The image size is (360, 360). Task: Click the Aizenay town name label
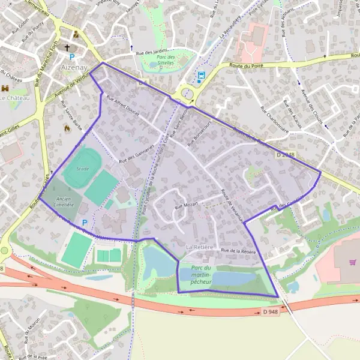(x=74, y=67)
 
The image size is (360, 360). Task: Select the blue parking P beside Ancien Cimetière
(x=85, y=223)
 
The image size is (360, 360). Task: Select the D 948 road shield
(x=271, y=311)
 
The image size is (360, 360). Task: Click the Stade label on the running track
(x=82, y=169)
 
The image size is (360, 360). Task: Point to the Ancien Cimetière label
(x=64, y=201)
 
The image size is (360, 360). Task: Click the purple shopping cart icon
(x=352, y=262)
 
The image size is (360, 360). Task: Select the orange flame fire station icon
(x=67, y=128)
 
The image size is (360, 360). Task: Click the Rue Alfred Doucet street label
(x=122, y=105)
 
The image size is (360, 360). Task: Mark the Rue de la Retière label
(x=238, y=250)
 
